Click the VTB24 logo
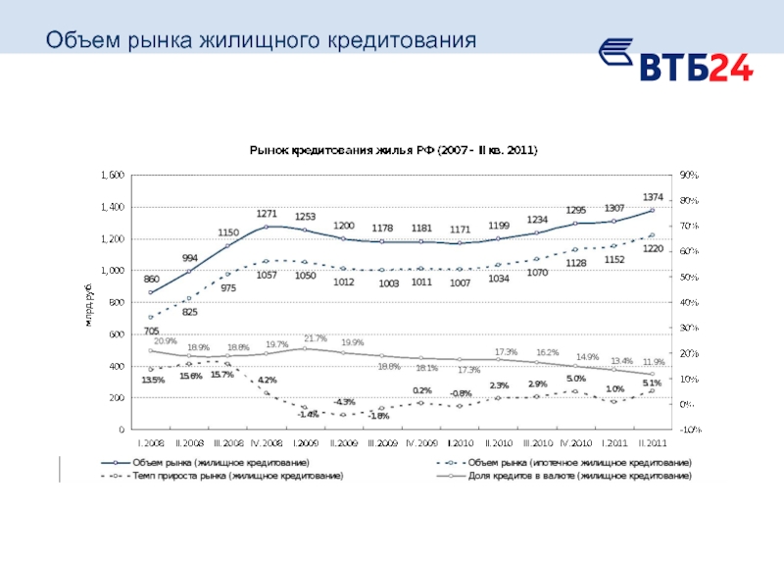(675, 60)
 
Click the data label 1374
(653, 197)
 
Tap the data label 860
(152, 280)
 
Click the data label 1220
(653, 248)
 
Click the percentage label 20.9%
(165, 341)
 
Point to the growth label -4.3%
(344, 401)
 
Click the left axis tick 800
(117, 302)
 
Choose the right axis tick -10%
(686, 430)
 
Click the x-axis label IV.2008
(267, 443)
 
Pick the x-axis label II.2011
(652, 443)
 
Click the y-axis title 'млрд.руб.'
(89, 303)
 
